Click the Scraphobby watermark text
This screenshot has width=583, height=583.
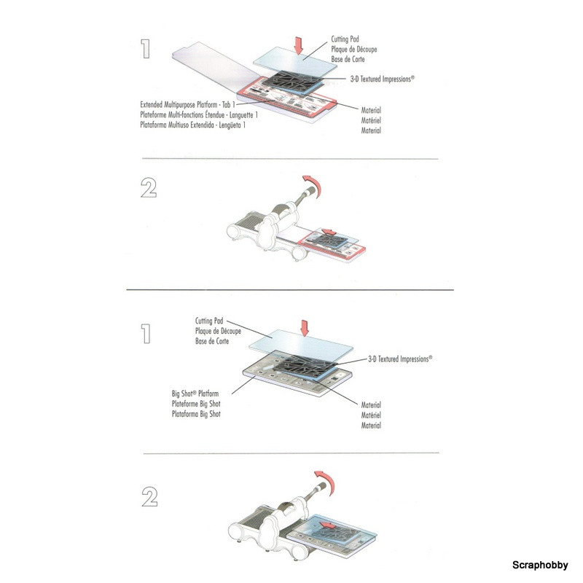click(x=540, y=565)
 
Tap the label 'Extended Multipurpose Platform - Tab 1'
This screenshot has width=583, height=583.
click(x=187, y=104)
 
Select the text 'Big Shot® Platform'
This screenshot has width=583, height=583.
click(x=195, y=394)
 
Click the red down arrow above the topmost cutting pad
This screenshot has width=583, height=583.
click(x=298, y=45)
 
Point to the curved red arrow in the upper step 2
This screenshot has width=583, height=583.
click(x=313, y=184)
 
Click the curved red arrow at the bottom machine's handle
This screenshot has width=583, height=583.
click(x=326, y=481)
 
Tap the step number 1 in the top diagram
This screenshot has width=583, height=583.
click(x=145, y=49)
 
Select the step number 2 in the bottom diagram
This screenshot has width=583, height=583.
click(x=149, y=497)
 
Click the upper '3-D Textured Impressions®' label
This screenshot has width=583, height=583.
click(x=382, y=79)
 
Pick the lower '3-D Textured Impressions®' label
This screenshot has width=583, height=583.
click(x=400, y=359)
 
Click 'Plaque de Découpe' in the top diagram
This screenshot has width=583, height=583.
click(x=354, y=49)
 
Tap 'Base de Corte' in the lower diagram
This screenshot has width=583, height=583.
click(x=212, y=341)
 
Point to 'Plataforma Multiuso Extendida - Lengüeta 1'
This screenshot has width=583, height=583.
click(x=192, y=125)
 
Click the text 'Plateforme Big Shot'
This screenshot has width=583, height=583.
click(x=196, y=404)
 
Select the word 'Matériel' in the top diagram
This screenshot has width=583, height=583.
click(x=371, y=120)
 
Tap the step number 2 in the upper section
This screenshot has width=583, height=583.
click(x=149, y=187)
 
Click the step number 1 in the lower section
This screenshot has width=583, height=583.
click(x=146, y=334)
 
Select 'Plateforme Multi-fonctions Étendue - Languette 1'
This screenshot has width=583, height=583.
click(x=199, y=115)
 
